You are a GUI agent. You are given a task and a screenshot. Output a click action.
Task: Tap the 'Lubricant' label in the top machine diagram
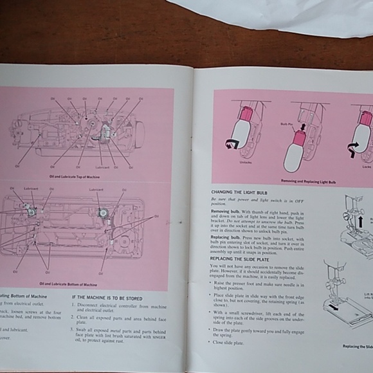[x=99, y=167]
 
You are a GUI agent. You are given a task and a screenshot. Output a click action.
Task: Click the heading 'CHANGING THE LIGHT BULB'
[x=237, y=192]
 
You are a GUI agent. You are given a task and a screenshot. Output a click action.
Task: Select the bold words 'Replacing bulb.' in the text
[x=226, y=237]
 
